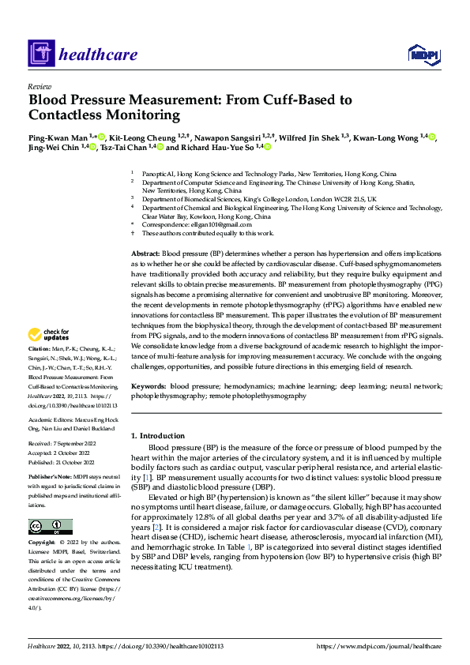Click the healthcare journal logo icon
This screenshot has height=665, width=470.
click(40, 54)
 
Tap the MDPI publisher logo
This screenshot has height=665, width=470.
click(423, 54)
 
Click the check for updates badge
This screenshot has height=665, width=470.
click(47, 357)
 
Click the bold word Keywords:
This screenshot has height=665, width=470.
click(149, 386)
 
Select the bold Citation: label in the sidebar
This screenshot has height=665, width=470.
click(39, 370)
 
